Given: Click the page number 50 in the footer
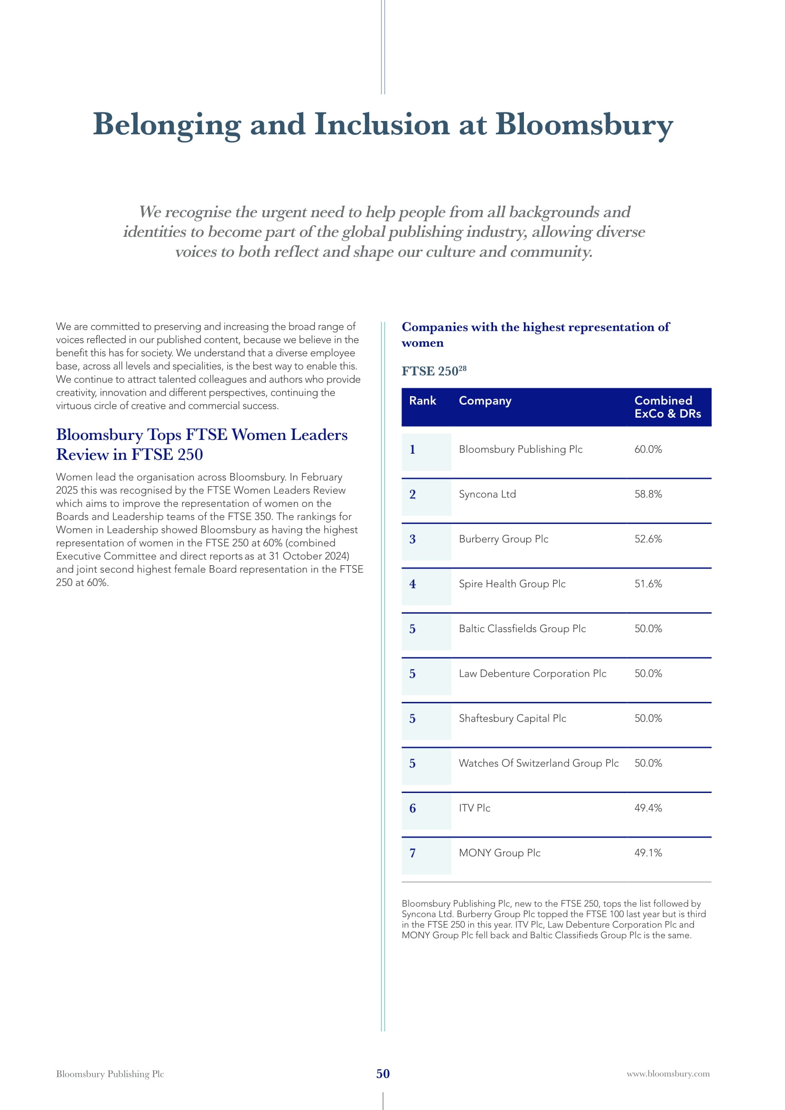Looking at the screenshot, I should (x=383, y=1074).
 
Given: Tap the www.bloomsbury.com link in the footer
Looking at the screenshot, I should (x=668, y=1074).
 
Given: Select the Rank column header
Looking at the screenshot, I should (x=422, y=401).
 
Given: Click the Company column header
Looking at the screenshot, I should (x=485, y=401).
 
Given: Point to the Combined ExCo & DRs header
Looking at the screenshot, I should (x=668, y=407).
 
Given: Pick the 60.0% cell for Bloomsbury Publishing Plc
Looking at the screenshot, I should (x=648, y=449).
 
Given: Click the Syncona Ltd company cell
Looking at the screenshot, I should (x=487, y=494).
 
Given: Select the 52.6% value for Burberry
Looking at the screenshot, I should (x=648, y=539).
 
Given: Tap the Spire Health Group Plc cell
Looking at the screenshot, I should (x=512, y=584).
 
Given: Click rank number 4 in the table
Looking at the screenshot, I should (x=412, y=584).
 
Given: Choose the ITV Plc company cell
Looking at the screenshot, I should (x=474, y=808).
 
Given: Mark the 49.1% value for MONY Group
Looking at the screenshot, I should (x=648, y=853).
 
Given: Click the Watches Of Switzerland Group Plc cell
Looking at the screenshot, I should (x=539, y=764).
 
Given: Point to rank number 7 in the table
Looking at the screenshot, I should (x=412, y=853).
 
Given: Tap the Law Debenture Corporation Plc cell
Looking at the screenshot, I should (x=532, y=673).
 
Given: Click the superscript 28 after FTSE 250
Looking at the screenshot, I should (x=463, y=368).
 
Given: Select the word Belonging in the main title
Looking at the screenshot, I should (x=166, y=125).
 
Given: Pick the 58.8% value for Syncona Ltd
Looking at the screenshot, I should (x=648, y=494).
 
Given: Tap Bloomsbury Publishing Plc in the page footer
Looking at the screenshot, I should (x=110, y=1074).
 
